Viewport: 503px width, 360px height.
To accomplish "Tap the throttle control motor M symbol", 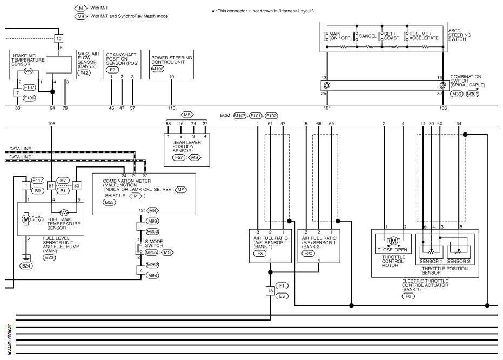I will point(394,241).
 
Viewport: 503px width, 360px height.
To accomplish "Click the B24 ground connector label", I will point(25,266).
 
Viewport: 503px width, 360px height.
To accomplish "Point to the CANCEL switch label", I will point(367,36).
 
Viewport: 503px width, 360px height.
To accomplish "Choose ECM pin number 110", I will point(172,108).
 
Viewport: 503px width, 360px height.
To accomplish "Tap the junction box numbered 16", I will point(270,291).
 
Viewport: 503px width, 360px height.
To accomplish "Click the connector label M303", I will point(472,94).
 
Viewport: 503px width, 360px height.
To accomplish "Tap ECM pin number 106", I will point(52,123).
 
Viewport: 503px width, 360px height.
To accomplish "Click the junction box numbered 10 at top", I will point(59,38).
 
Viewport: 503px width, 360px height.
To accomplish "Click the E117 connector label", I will point(38,181).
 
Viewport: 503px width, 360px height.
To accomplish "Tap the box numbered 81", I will point(52,185).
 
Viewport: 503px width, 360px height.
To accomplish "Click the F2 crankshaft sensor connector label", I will point(112,70).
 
